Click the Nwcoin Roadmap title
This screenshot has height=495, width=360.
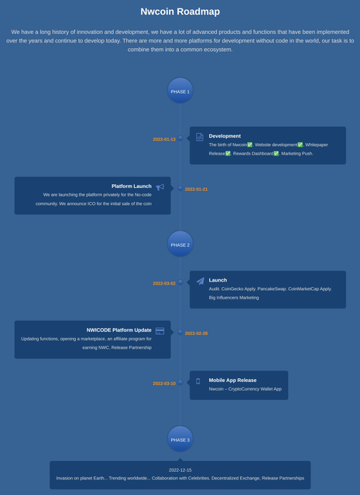pos(180,12)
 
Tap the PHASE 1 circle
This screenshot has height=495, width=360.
pos(180,90)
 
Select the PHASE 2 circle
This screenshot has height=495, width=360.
pos(180,244)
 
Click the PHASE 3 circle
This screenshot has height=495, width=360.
pos(180,439)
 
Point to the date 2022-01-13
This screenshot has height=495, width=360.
pos(164,139)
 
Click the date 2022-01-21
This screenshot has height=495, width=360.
pos(197,189)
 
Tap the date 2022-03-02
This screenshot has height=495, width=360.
pos(164,284)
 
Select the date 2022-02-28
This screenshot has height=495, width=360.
pos(197,333)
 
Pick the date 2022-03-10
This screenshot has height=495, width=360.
pos(164,384)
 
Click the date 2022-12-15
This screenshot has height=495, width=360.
pos(180,470)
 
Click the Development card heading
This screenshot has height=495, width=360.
pos(225,136)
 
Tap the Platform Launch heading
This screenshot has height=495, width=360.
pos(132,186)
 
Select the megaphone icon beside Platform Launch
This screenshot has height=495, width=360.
pos(160,187)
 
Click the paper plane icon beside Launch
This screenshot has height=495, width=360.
pos(200,281)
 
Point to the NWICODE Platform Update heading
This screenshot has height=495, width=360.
pos(119,330)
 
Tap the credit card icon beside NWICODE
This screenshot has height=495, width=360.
pos(160,331)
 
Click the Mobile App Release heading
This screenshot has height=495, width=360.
pos(232,381)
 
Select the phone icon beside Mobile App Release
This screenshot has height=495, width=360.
pos(198,381)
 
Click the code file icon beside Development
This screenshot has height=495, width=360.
pos(200,137)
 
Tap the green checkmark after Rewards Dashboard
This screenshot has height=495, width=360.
pos(276,154)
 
